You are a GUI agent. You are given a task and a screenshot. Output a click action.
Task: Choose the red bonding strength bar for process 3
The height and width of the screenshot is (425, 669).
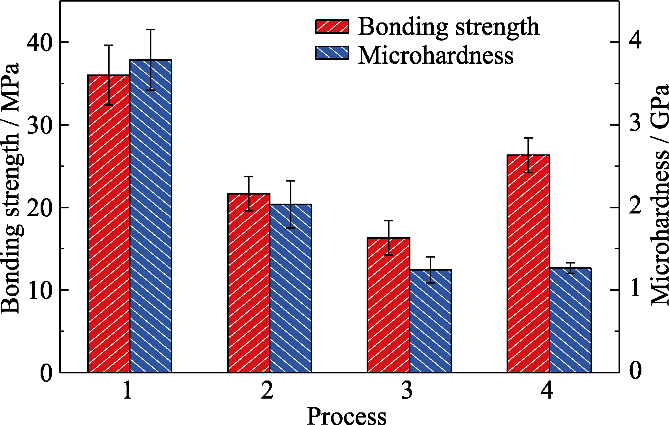click(388, 305)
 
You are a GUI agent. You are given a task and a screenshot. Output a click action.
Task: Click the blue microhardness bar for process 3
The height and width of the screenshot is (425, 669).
click(430, 321)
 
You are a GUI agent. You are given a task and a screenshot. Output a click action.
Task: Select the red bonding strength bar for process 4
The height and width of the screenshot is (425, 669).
click(528, 264)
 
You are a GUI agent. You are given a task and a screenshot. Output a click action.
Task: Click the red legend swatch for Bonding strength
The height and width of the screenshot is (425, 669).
click(332, 27)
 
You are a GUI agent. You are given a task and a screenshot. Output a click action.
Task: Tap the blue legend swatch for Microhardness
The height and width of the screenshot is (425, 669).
click(332, 53)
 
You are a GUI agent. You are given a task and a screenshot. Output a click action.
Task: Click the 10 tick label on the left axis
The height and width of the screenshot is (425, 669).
click(40, 290)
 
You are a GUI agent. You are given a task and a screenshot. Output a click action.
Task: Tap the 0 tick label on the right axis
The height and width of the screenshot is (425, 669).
click(635, 371)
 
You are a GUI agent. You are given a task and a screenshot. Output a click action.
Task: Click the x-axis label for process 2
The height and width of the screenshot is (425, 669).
click(267, 391)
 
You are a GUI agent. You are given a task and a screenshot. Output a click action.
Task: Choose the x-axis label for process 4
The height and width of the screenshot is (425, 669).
click(547, 391)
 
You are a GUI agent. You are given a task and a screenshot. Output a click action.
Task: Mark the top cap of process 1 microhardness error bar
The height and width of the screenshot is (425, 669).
click(151, 30)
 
